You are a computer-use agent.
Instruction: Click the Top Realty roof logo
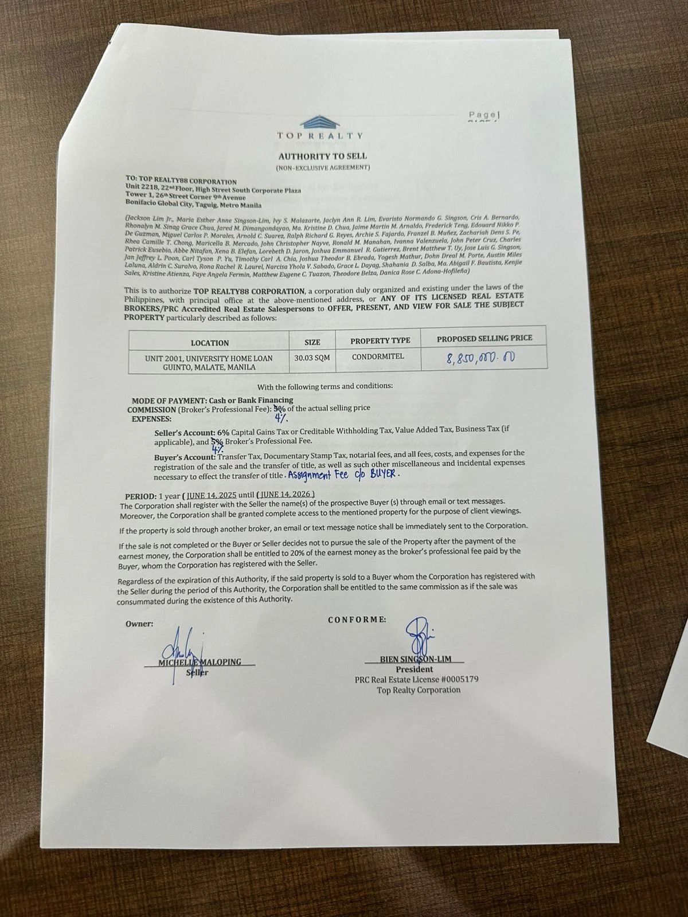tap(320, 121)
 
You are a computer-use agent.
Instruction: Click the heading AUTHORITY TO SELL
tap(322, 156)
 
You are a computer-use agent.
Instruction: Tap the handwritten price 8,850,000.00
tap(480, 358)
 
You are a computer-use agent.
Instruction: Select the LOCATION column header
tap(209, 343)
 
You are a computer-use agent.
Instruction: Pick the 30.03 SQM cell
tap(312, 358)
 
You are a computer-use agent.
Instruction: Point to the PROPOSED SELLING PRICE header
tap(484, 338)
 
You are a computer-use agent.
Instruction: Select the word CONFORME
tap(357, 620)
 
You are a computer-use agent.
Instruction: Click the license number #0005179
tap(459, 679)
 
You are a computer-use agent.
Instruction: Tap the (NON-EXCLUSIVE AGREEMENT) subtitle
tap(323, 167)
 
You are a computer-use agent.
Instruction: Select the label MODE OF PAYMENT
tap(170, 401)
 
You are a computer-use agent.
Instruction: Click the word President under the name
tap(414, 669)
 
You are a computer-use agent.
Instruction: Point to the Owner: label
tap(139, 624)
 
